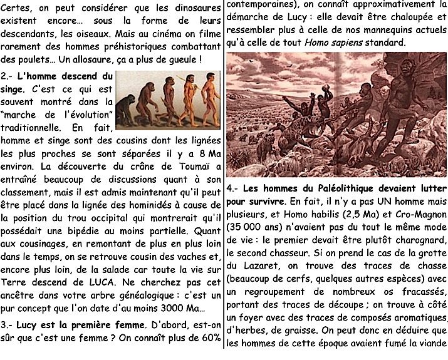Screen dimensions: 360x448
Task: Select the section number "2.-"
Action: pyautogui.click(x=8, y=76)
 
